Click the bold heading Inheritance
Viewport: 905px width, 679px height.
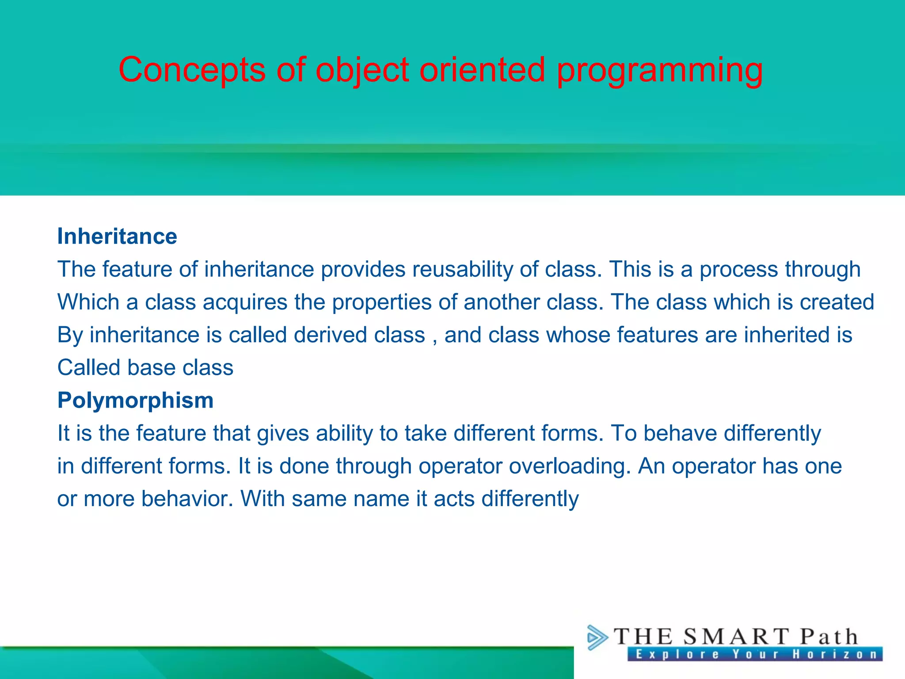coord(117,237)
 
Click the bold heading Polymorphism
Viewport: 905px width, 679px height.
coord(135,401)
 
